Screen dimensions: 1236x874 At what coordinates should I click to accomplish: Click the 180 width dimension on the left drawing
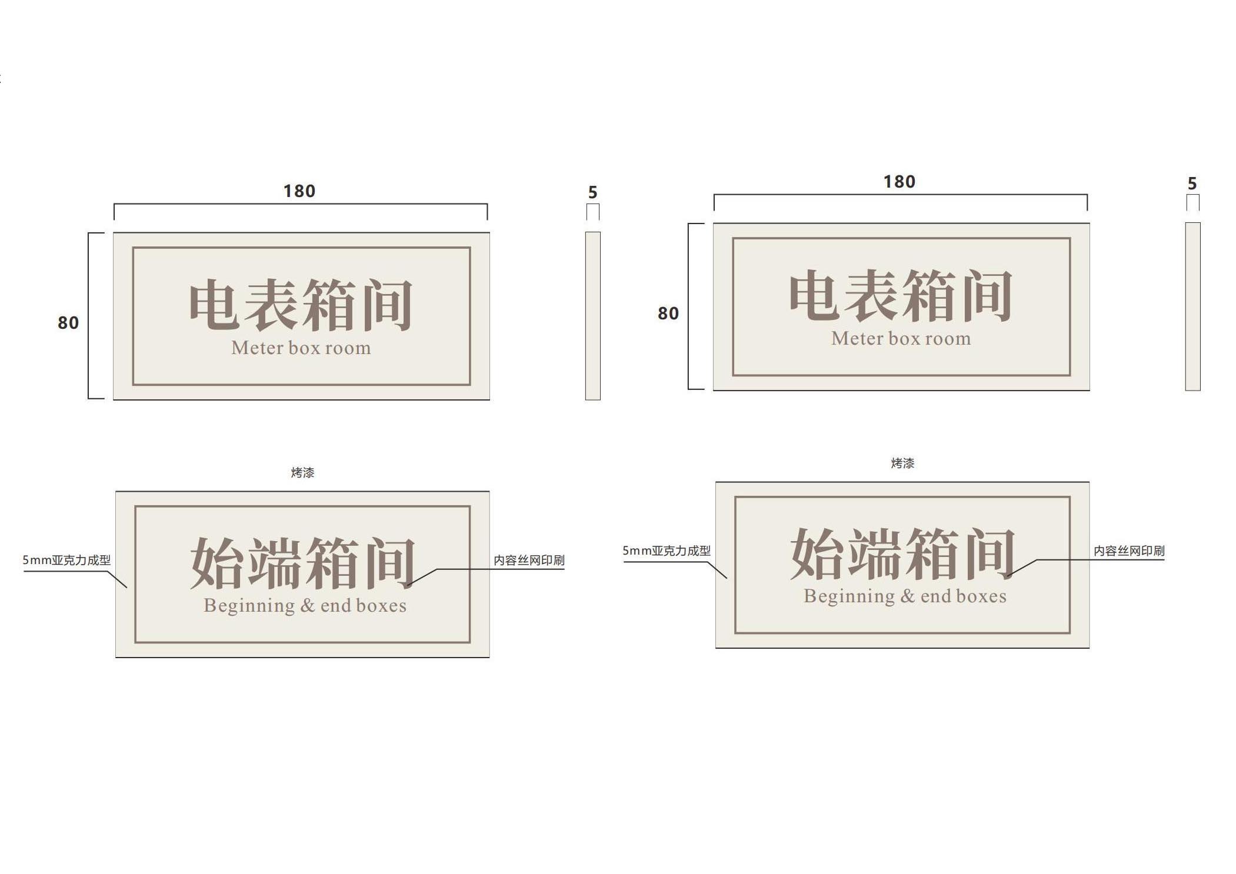click(x=299, y=191)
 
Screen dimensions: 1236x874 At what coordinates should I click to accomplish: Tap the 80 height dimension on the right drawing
click(x=668, y=313)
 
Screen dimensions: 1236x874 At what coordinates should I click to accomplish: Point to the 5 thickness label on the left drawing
click(x=592, y=192)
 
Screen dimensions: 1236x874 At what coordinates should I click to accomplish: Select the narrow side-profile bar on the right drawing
click(x=1192, y=306)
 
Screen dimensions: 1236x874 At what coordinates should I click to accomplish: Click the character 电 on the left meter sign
click(x=214, y=305)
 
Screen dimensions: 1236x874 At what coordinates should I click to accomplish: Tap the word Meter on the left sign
click(x=258, y=348)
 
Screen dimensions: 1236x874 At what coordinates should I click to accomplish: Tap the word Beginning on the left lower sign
click(x=249, y=606)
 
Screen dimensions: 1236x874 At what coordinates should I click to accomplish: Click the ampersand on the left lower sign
click(x=308, y=606)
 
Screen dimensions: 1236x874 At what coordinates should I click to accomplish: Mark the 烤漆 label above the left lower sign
click(x=302, y=472)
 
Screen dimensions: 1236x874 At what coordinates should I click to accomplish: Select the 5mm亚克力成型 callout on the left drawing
click(x=66, y=560)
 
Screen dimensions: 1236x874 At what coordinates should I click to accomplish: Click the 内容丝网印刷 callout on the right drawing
click(x=1128, y=551)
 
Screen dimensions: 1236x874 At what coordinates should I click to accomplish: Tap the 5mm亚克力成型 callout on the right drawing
click(x=667, y=551)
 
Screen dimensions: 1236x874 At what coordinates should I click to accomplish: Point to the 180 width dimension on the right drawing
click(x=899, y=182)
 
